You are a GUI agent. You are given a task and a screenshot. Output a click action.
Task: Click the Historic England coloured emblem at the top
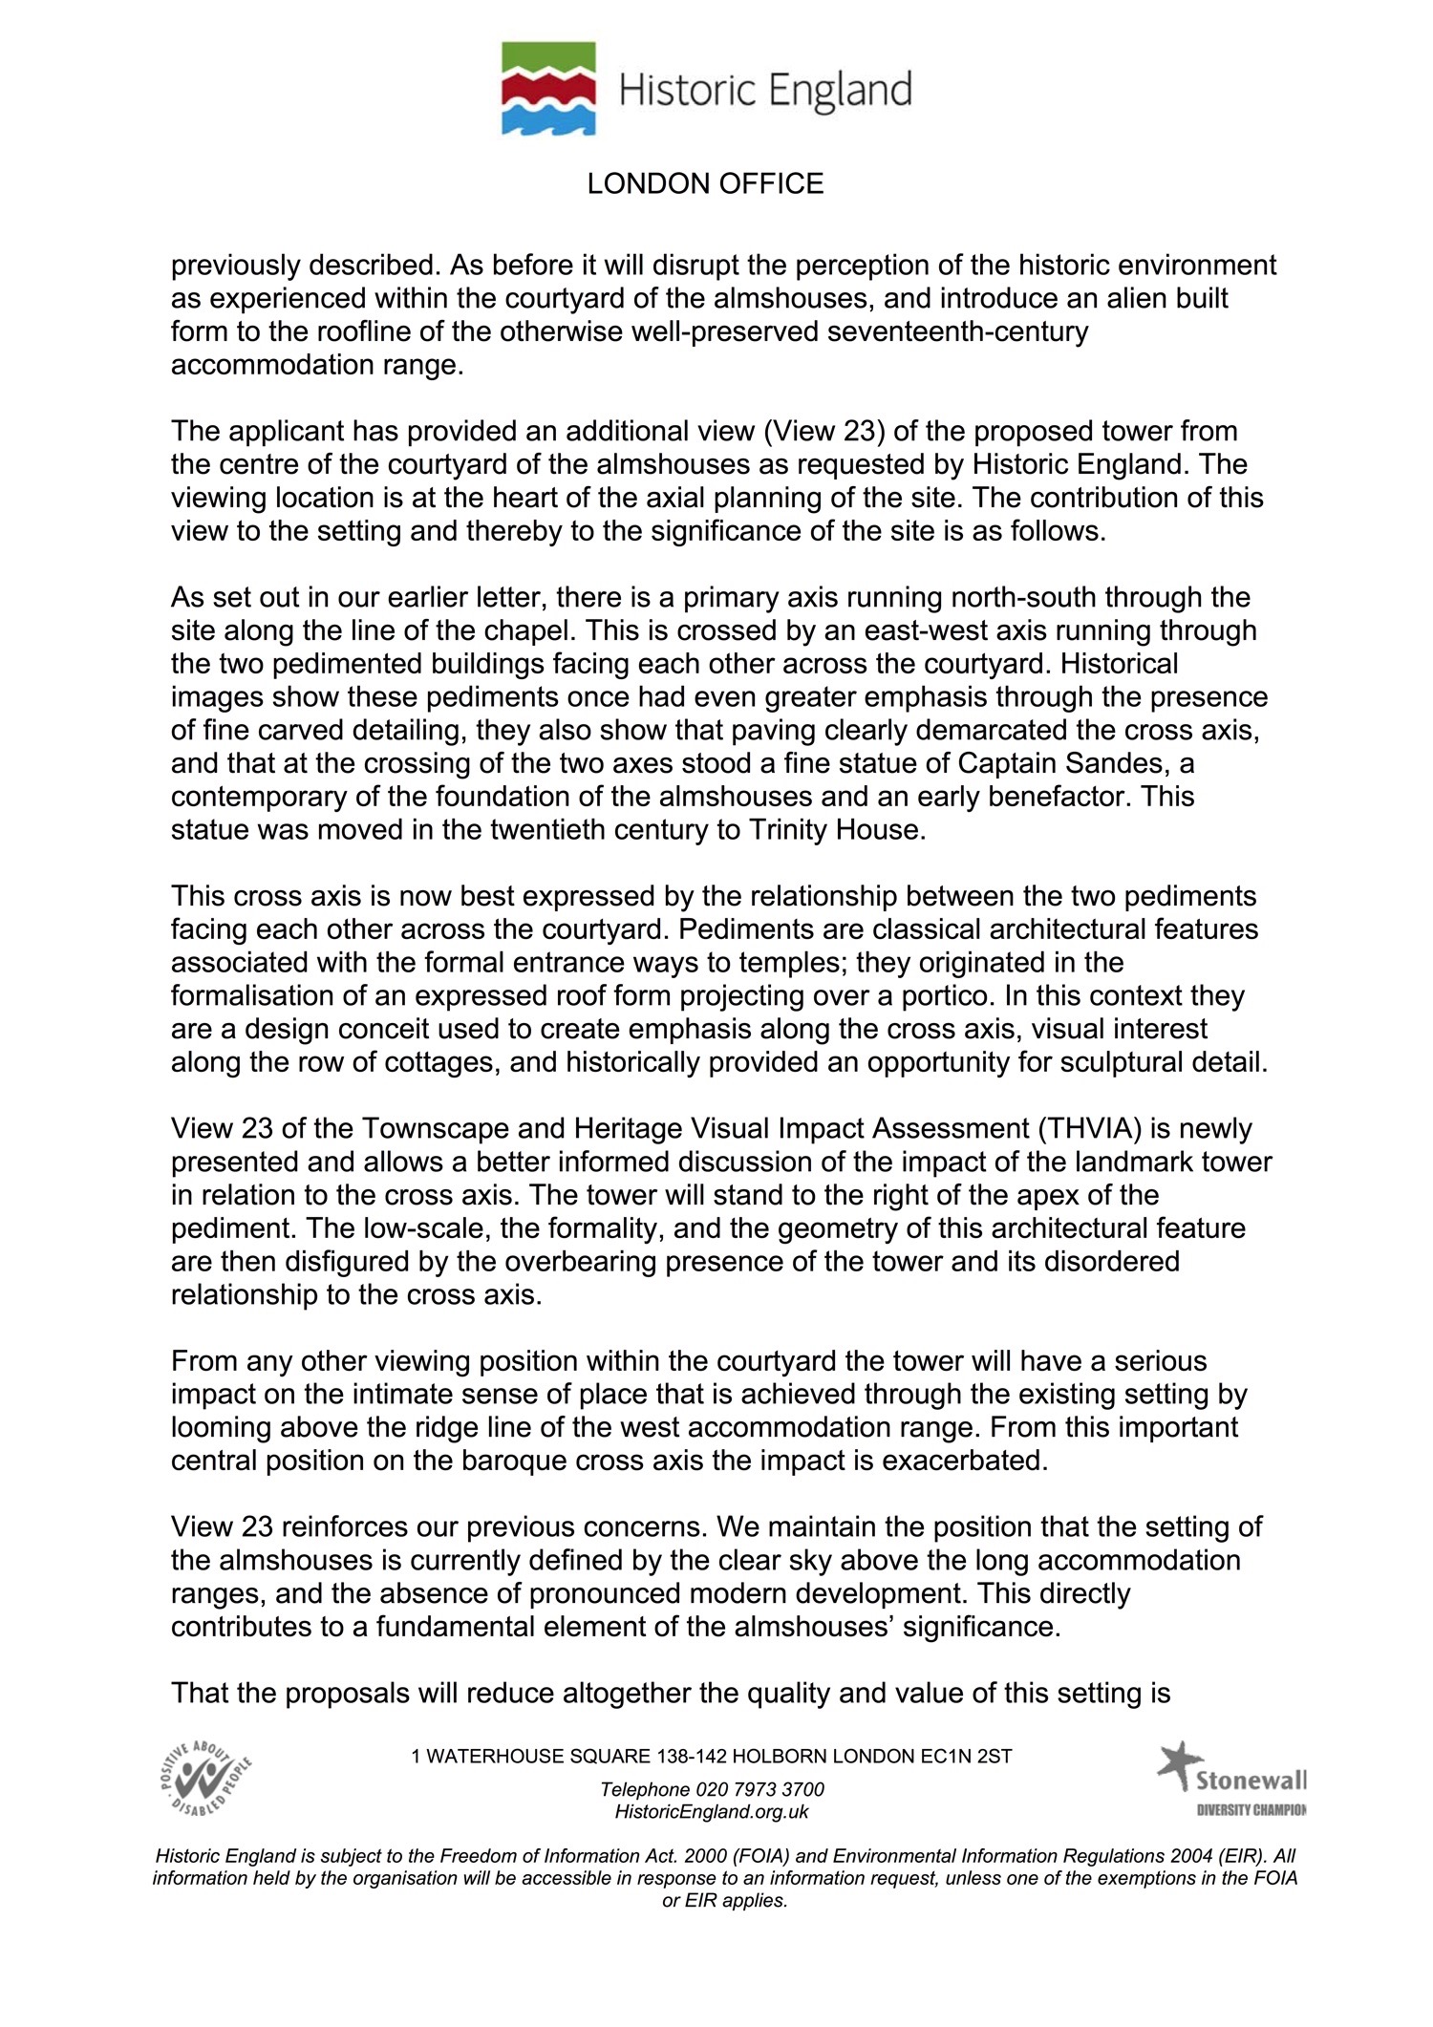coord(548,88)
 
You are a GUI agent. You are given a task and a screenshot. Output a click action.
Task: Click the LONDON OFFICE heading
coord(705,183)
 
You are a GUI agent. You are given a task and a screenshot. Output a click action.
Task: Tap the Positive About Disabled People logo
coord(206,1778)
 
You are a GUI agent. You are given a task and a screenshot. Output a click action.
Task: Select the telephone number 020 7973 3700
coord(759,1789)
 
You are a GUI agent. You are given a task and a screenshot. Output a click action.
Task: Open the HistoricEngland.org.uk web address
coord(712,1812)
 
